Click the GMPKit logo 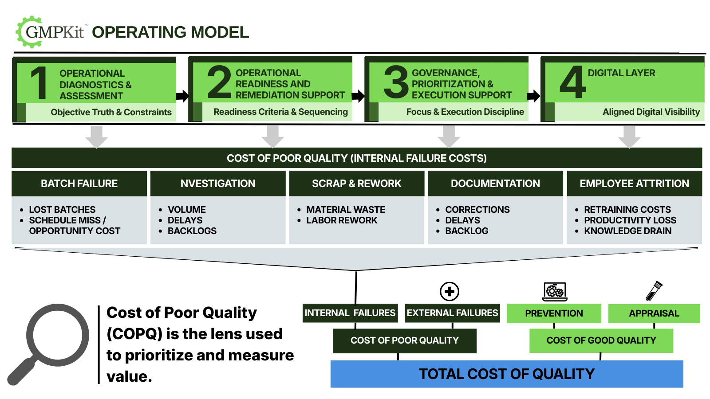[x=52, y=31]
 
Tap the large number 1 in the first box [x=39, y=83]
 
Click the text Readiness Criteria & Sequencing [x=280, y=112]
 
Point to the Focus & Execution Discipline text [x=465, y=112]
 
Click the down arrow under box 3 [x=449, y=137]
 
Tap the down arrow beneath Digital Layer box [x=629, y=137]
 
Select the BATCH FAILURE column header [x=79, y=184]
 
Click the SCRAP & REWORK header [x=356, y=184]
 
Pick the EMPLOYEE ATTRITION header [x=634, y=184]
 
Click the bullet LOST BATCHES [x=62, y=210]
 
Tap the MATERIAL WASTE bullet [x=346, y=210]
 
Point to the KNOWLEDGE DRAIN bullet [x=627, y=231]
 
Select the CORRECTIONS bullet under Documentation [x=477, y=210]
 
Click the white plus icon [x=450, y=291]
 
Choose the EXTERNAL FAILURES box [x=452, y=313]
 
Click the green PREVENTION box [x=554, y=313]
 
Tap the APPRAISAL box [x=654, y=313]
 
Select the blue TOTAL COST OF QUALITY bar [x=506, y=374]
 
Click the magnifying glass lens [x=58, y=335]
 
